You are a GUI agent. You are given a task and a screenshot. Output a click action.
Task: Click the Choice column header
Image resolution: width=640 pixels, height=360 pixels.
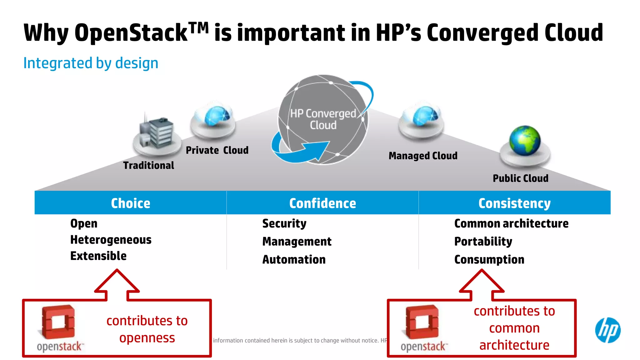131,203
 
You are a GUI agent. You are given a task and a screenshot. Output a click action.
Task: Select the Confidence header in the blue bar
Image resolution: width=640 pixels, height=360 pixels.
322,203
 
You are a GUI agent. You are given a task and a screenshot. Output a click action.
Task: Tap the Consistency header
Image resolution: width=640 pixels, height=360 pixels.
514,203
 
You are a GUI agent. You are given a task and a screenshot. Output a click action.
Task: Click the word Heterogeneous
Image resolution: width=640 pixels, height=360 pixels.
111,240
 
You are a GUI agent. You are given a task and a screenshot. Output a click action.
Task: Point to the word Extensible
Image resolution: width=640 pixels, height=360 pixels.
98,256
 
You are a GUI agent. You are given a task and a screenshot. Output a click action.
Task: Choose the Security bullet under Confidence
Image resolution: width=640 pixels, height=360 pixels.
284,223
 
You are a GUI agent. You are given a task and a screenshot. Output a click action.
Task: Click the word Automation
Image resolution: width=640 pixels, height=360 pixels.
294,259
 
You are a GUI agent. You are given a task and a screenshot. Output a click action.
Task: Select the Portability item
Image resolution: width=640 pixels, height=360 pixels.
483,241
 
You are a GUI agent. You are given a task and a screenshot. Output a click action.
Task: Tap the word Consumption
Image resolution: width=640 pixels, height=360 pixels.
489,259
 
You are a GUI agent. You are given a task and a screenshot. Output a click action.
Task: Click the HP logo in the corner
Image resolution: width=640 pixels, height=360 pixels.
607,330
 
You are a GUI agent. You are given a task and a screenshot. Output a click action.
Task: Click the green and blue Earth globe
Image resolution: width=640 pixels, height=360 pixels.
525,140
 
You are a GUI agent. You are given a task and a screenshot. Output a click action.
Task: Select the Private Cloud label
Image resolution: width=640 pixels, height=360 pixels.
217,150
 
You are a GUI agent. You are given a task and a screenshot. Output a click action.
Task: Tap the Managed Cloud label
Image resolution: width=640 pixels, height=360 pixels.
423,156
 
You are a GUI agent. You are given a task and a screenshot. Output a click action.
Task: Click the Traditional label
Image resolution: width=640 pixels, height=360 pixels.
149,165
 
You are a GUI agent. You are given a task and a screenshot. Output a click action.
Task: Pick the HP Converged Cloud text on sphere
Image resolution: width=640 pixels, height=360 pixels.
323,119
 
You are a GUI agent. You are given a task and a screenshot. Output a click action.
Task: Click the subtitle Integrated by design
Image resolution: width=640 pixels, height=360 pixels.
91,63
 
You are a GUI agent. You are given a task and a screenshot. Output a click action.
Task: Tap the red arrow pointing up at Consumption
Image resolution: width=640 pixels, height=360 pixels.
482,283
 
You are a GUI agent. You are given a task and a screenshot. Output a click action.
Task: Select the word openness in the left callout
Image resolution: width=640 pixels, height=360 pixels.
147,338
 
